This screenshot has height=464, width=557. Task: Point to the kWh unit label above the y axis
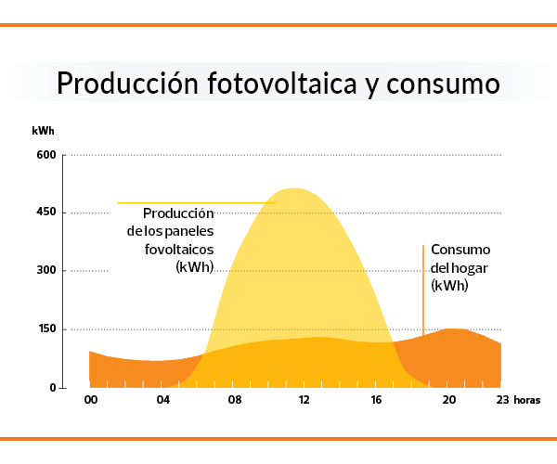pyautogui.click(x=43, y=131)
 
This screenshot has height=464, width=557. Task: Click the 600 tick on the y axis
pyautogui.click(x=46, y=155)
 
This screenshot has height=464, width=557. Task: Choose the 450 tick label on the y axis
pyautogui.click(x=46, y=213)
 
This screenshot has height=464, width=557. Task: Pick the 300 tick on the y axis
pyautogui.click(x=46, y=271)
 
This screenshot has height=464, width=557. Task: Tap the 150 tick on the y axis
pyautogui.click(x=46, y=329)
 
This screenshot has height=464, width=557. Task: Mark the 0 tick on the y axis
pyautogui.click(x=52, y=388)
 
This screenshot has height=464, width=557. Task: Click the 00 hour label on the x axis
pyautogui.click(x=91, y=401)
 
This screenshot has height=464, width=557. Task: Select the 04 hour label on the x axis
pyautogui.click(x=163, y=401)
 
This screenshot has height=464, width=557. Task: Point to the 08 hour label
pyautogui.click(x=235, y=401)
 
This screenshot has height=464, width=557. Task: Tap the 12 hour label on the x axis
pyautogui.click(x=304, y=401)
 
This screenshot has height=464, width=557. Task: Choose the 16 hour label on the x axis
pyautogui.click(x=376, y=401)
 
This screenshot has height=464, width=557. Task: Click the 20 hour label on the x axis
pyautogui.click(x=448, y=401)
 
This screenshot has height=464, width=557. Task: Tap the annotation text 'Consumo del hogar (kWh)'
pyautogui.click(x=460, y=268)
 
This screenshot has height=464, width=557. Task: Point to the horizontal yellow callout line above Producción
pyautogui.click(x=196, y=202)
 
